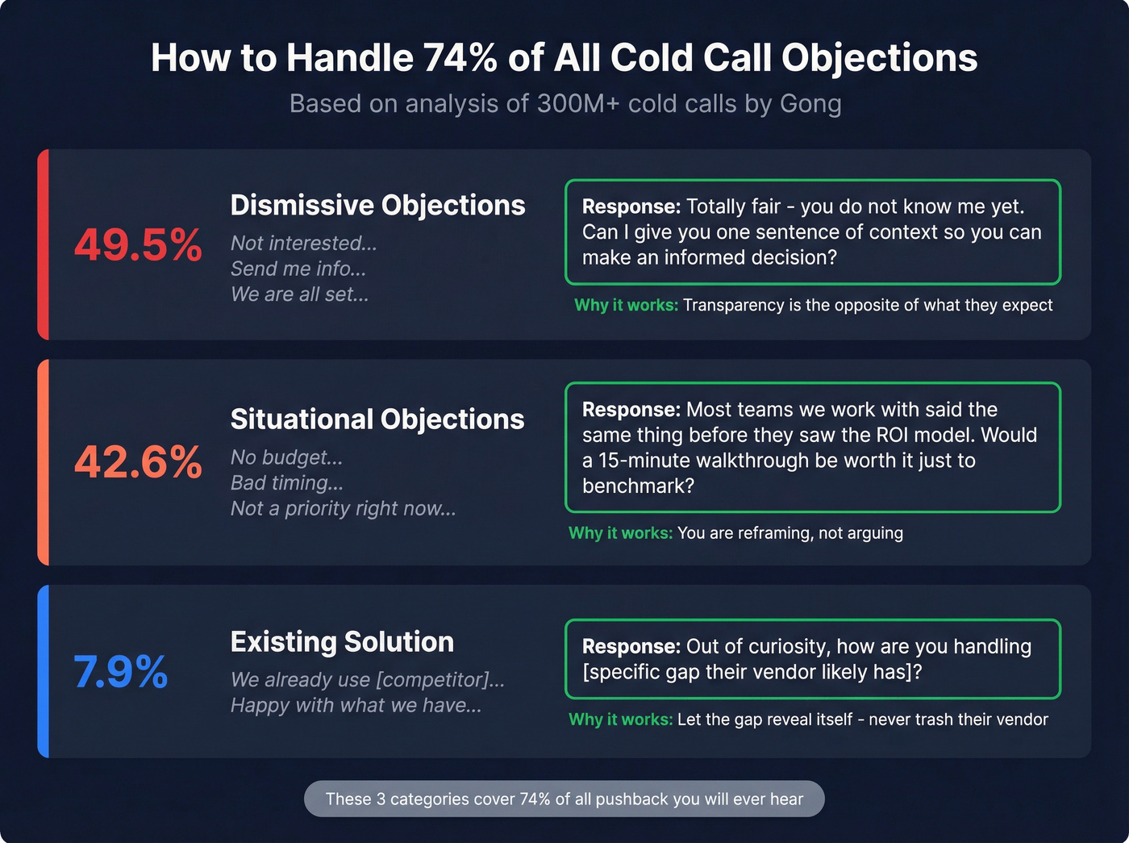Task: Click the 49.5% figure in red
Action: pos(138,244)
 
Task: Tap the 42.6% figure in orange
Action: pos(138,462)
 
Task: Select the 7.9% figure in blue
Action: pos(121,671)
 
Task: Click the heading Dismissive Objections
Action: pos(377,205)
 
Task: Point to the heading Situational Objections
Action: pos(377,419)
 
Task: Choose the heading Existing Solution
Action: pos(342,641)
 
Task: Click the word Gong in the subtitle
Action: pos(810,103)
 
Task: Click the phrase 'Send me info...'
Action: pos(298,269)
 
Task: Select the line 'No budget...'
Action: pos(286,457)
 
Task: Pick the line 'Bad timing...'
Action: pos(286,482)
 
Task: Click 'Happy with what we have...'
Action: pos(356,705)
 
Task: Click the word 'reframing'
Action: pos(769,532)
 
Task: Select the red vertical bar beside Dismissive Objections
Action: pos(44,244)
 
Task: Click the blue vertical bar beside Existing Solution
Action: pos(44,671)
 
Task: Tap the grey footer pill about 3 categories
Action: pos(564,799)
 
